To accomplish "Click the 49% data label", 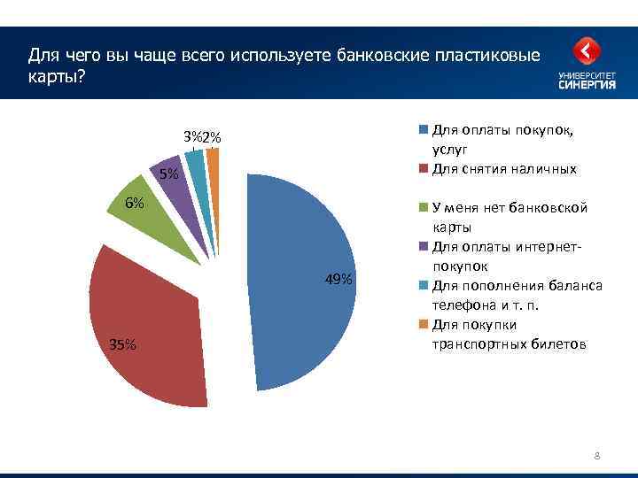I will [338, 280].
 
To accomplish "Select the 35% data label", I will [123, 345].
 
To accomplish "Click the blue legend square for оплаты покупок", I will [424, 130].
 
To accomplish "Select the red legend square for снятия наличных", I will [424, 169].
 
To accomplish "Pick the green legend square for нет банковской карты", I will [424, 208].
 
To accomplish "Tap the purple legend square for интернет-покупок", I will [424, 247].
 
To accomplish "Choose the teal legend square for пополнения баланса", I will [424, 285].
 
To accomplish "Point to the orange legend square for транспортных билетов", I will [424, 324].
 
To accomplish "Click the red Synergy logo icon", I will [586, 52].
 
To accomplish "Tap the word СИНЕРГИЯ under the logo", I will [586, 86].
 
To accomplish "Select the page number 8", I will [597, 457].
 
